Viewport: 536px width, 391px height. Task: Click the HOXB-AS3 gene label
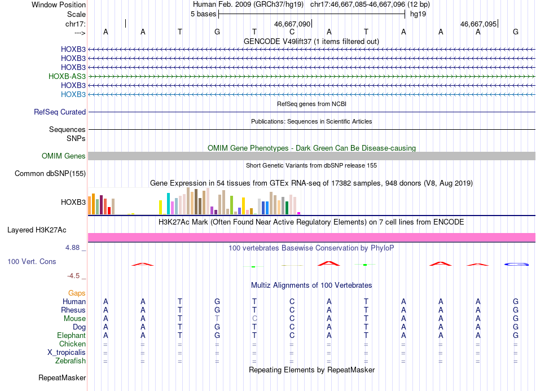point(67,76)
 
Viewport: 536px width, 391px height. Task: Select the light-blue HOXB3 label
point(73,94)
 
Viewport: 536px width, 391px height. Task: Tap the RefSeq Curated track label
point(60,112)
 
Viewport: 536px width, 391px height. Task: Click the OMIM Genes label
point(64,156)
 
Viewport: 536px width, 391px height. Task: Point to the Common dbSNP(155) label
point(50,173)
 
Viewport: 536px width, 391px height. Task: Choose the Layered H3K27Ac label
point(37,230)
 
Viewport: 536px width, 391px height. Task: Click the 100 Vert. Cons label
point(32,261)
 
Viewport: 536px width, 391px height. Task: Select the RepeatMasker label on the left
point(62,377)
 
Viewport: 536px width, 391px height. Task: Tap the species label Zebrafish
point(71,361)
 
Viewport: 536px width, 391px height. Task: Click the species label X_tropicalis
point(67,353)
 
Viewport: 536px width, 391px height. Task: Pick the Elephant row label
point(72,335)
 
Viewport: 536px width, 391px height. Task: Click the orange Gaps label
point(77,293)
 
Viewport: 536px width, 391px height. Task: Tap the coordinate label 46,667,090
point(292,24)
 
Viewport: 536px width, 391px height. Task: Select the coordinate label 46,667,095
point(478,24)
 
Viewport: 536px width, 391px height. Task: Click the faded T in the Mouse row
point(217,319)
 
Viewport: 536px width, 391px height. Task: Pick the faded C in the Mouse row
point(254,319)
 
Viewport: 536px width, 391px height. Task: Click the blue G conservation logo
point(516,264)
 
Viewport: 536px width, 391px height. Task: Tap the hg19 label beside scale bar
point(418,14)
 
